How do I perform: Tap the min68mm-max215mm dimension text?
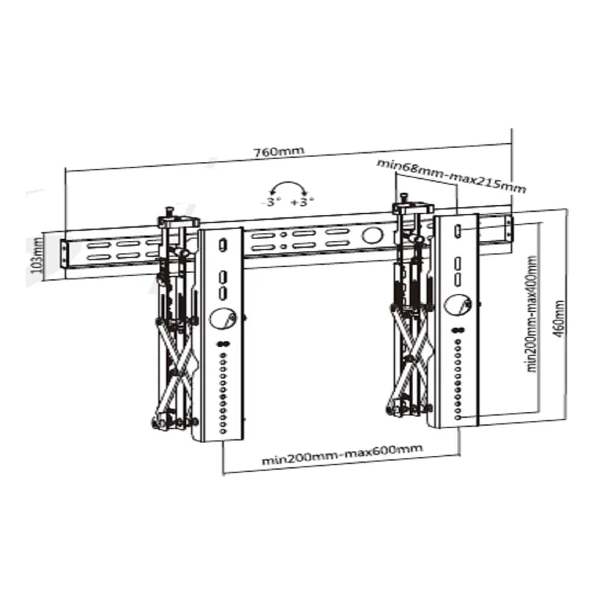451,175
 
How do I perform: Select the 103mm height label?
37,255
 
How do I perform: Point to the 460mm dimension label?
559,318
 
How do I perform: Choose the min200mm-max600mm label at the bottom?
342,454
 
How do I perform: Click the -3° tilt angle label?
271,202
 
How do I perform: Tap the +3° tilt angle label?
302,202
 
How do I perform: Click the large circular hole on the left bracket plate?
222,318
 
